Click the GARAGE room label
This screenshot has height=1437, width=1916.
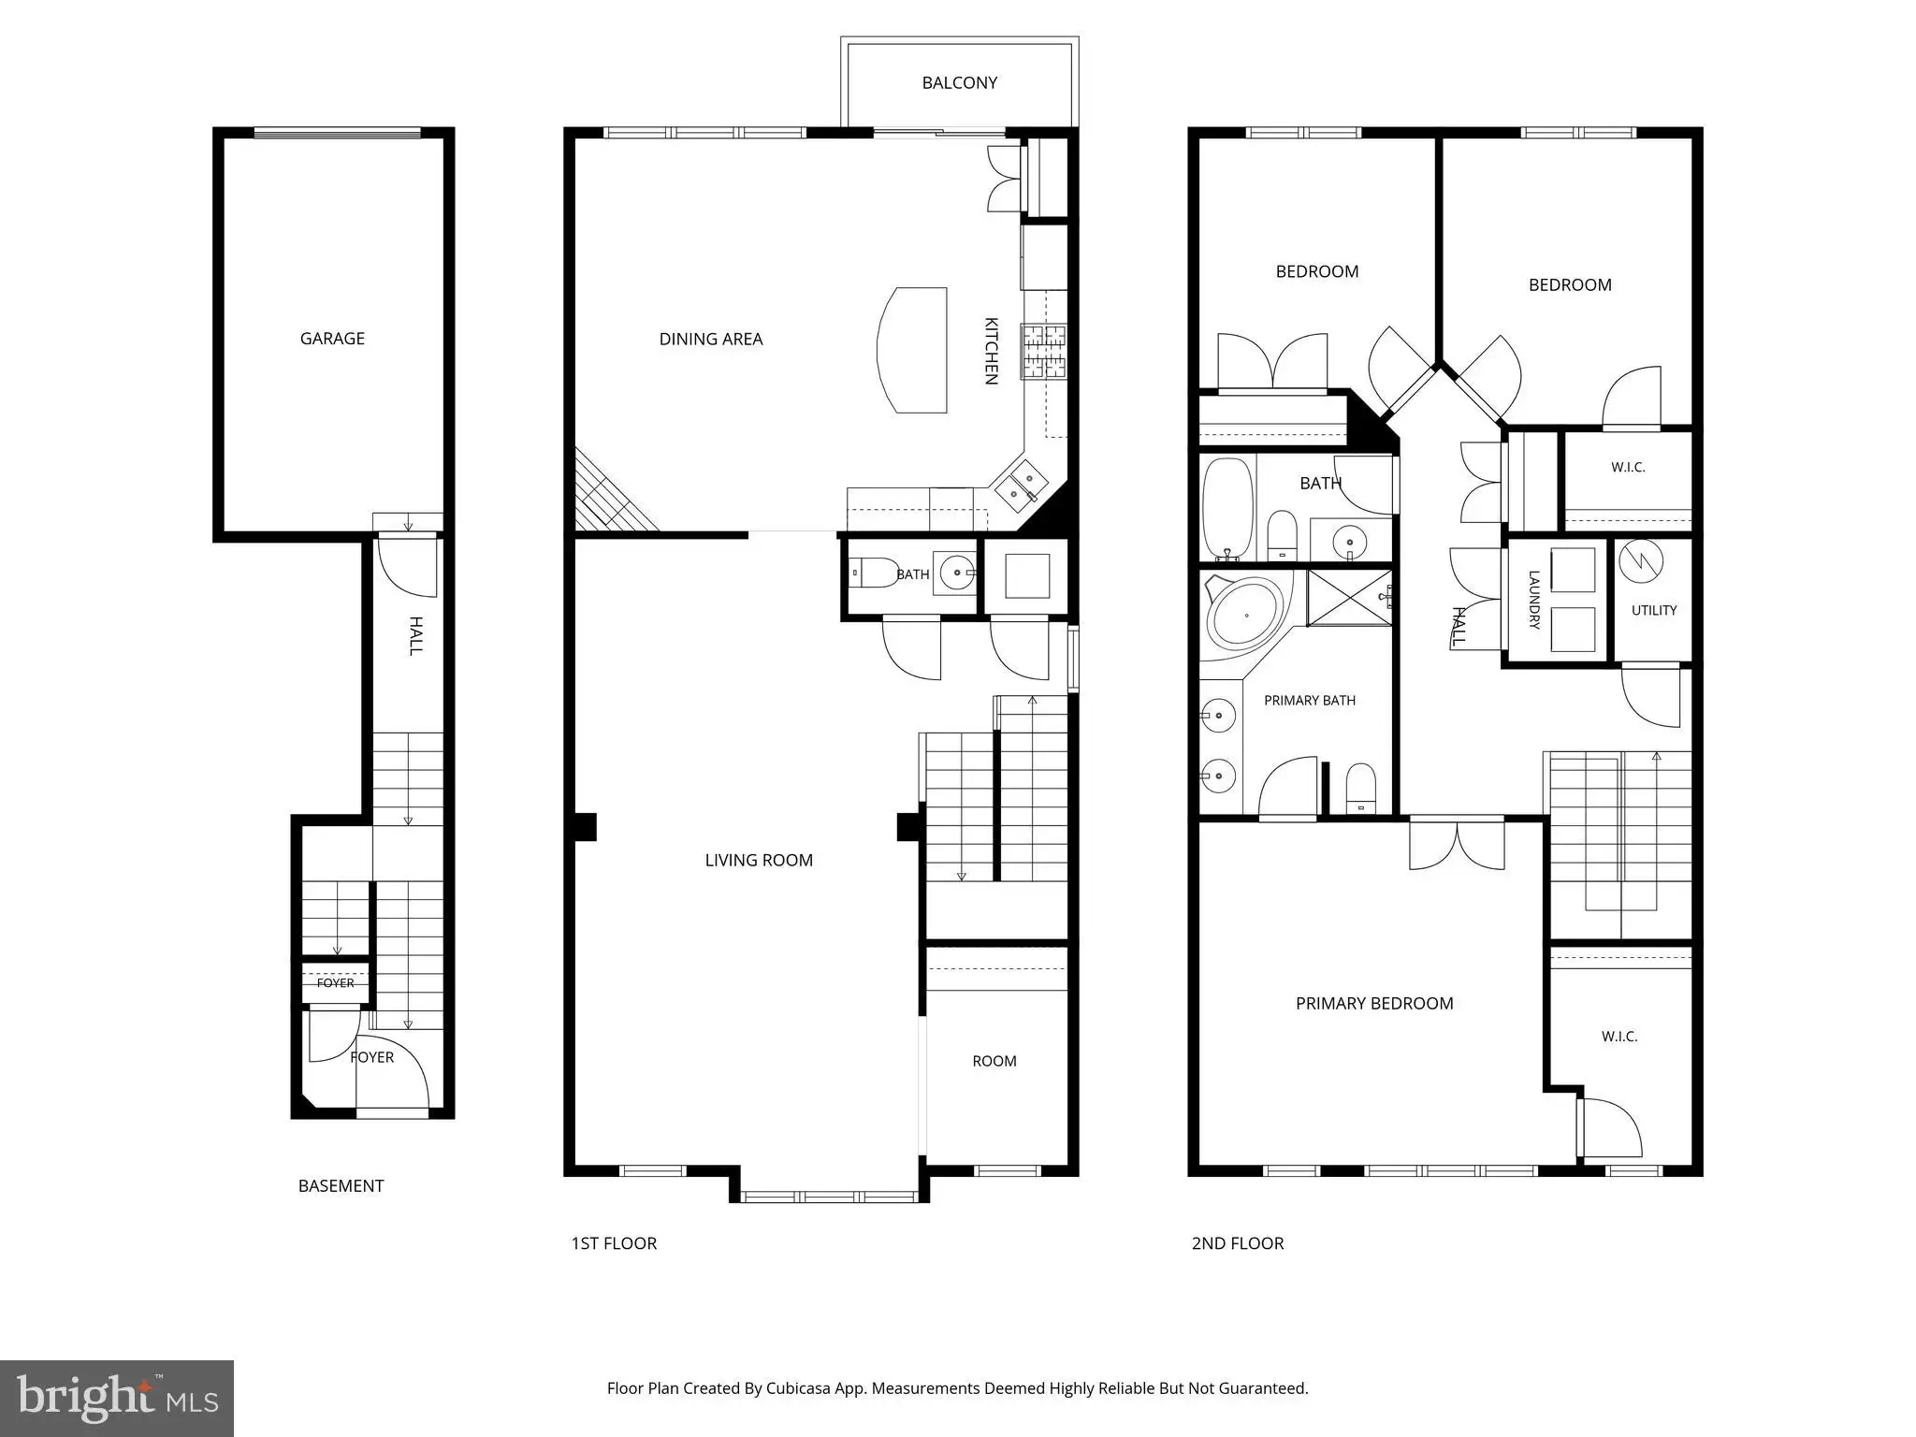coord(332,339)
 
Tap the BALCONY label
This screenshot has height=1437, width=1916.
coord(960,82)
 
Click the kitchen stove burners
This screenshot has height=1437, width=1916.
coord(1044,351)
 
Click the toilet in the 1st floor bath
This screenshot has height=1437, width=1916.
coord(874,573)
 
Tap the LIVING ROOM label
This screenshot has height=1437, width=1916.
coord(759,860)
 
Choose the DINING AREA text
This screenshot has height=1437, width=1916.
coord(711,339)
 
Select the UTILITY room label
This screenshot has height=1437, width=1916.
coord(1654,610)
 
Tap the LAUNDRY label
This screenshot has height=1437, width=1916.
coord(1534,600)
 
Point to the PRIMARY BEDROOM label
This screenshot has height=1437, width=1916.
coord(1374,1003)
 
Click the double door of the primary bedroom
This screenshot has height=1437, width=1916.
coord(1457,845)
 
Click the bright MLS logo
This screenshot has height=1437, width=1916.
coord(117,1399)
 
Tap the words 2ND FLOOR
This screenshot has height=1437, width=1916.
coord(1238,1243)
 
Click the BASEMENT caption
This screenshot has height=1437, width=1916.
coord(341,1186)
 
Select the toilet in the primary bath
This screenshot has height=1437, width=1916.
coord(1360,788)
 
